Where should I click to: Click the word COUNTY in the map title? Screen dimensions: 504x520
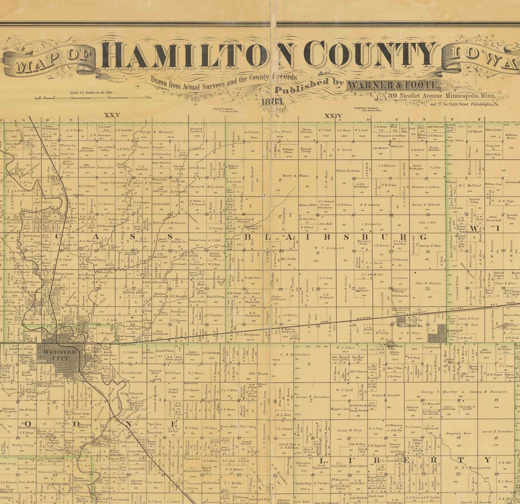pos(370,54)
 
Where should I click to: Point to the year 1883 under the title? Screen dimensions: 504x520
pos(272,101)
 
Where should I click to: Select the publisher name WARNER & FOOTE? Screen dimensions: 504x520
pos(393,85)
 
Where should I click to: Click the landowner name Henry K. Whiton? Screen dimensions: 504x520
pos(296,175)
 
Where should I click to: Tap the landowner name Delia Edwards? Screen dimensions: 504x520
pos(131,394)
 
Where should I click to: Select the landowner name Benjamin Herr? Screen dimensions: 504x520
pos(458,433)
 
